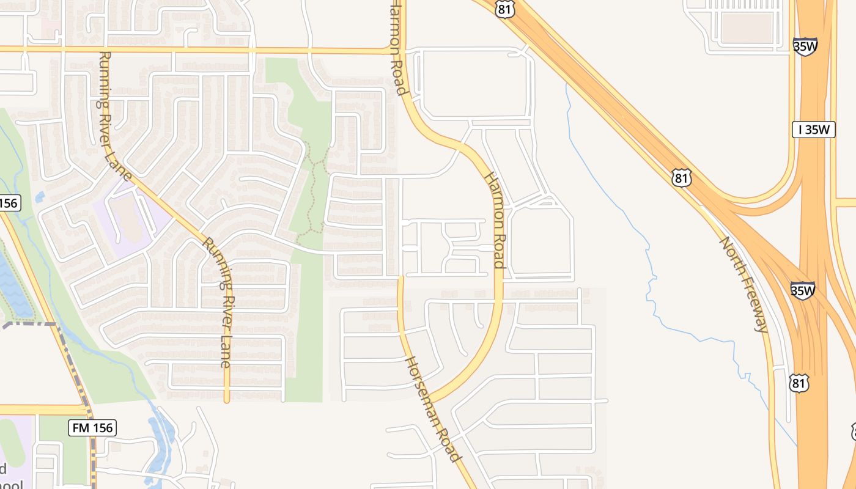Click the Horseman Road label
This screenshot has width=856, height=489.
432,408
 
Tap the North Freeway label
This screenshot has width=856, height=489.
743,284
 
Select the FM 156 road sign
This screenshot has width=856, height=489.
93,428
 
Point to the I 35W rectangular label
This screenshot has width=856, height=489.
813,130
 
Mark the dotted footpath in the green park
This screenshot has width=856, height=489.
313,189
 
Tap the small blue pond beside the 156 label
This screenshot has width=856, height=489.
40,197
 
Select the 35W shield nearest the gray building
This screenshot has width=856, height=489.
805,46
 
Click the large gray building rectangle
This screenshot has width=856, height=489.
747,28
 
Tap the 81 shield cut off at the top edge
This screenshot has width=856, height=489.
505,8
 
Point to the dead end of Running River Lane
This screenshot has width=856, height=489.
226,401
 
